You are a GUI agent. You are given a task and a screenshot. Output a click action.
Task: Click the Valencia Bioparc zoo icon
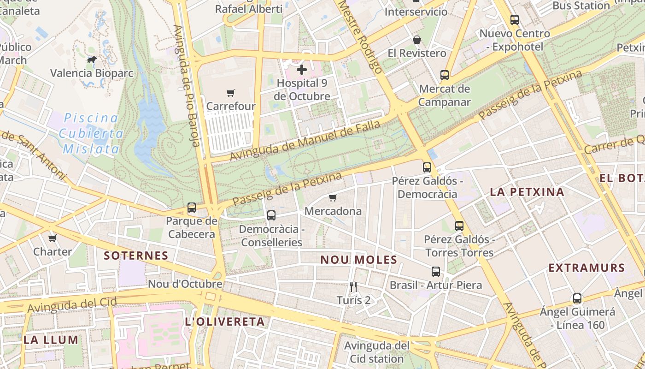click(92, 60)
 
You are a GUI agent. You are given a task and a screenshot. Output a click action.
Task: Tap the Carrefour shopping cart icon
click(231, 93)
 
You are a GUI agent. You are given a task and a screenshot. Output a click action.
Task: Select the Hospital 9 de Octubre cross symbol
click(302, 70)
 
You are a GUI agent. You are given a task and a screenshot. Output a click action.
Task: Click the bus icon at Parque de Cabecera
click(192, 208)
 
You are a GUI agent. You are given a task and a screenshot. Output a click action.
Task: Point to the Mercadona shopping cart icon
click(333, 198)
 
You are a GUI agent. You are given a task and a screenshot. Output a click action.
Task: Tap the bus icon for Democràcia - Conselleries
click(271, 215)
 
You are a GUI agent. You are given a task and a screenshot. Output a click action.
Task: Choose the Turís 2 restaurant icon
click(353, 287)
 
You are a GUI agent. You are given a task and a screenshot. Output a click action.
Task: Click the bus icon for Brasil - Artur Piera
click(436, 272)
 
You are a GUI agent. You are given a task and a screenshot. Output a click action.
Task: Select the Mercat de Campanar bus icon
click(445, 75)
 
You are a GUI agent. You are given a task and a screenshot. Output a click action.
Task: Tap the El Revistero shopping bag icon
click(417, 40)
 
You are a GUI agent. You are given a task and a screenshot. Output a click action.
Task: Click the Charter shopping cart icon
click(53, 238)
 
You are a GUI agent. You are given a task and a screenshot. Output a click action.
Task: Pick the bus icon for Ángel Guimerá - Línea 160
click(577, 298)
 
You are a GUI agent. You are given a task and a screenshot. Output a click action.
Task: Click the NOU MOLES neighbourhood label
click(358, 260)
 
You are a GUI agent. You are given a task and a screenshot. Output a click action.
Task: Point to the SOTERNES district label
click(136, 256)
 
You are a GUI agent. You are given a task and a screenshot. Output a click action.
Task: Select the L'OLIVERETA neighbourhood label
click(225, 322)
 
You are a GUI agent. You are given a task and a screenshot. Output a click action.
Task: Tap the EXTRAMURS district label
click(586, 268)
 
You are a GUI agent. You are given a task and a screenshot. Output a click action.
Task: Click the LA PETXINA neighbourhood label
click(527, 192)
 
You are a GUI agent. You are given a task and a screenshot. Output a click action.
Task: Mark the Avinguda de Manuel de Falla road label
click(305, 141)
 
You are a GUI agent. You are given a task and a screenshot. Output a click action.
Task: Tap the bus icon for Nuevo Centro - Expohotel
click(515, 20)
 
